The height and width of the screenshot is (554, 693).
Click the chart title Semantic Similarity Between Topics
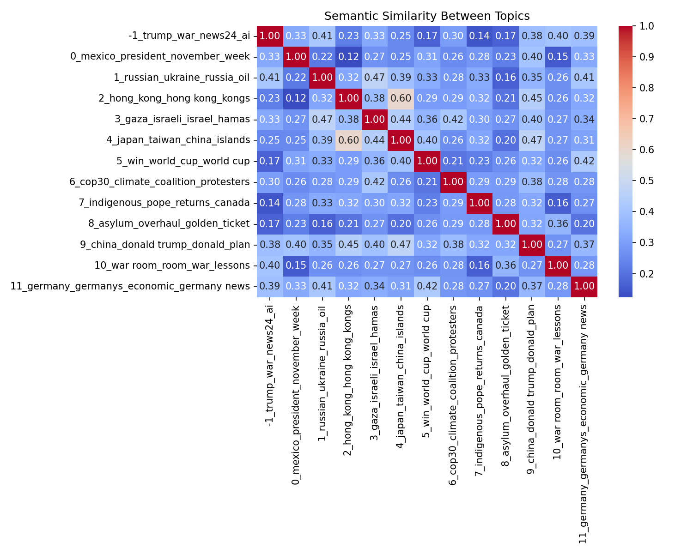click(x=427, y=16)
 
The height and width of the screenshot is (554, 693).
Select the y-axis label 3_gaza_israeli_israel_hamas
click(x=182, y=120)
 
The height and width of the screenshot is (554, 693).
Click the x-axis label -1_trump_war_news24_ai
click(x=270, y=365)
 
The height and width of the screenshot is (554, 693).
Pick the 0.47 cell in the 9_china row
click(x=401, y=245)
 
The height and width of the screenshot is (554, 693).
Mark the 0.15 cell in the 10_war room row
click(x=296, y=265)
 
